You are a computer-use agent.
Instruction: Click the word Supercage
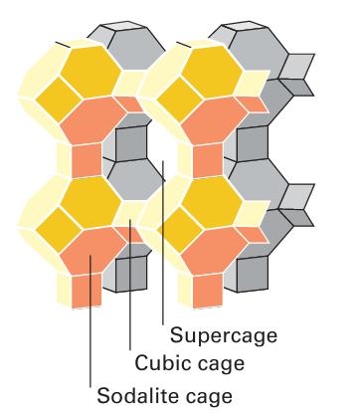coord(224,335)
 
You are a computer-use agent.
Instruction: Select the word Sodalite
coord(138,395)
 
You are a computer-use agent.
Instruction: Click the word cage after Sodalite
coord(209,397)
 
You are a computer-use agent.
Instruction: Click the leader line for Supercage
coord(163,243)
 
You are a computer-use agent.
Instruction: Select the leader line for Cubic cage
coord(130,285)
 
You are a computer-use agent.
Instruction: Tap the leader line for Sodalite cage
coord(90,320)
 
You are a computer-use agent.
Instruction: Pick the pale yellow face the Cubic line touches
coord(130,214)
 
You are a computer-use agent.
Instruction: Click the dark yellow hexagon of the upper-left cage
coord(90,71)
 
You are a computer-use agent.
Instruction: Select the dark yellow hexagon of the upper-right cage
coord(212,71)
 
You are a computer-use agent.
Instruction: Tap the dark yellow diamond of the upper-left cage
coord(59,100)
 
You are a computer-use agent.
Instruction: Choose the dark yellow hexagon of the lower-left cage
coord(90,202)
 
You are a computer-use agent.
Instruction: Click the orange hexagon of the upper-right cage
coord(214,120)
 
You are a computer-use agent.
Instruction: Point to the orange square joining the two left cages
coord(87,160)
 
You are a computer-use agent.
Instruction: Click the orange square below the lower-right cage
coord(208,291)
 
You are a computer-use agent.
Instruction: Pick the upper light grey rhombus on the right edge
coord(296,67)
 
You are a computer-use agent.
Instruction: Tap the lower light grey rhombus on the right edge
coord(296,197)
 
